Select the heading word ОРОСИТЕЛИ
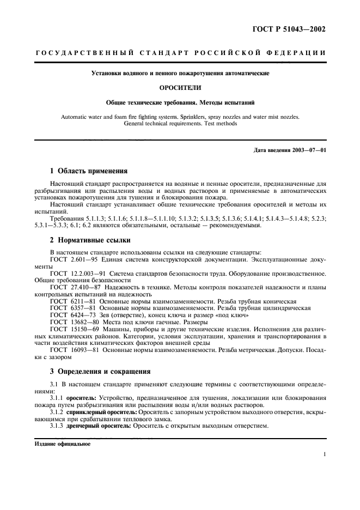pos(180,87)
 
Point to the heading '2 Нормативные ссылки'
pos(89,240)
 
